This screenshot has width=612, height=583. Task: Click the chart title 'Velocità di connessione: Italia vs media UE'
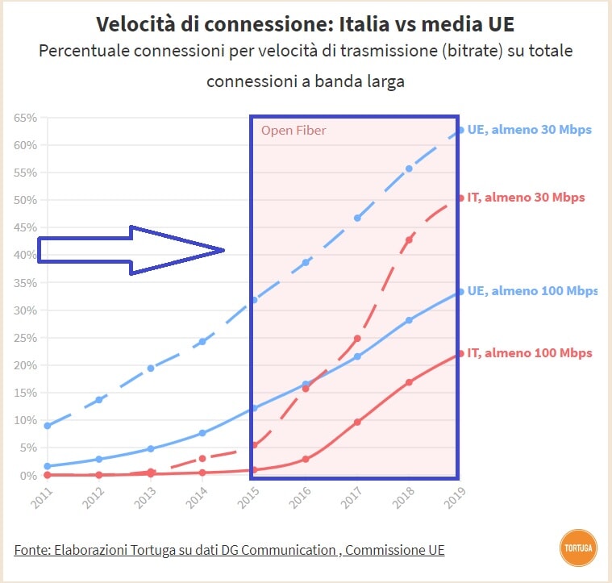306,23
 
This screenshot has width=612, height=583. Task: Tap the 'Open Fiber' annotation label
294,130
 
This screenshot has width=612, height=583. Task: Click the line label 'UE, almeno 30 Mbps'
529,129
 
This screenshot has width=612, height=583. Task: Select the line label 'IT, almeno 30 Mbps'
526,198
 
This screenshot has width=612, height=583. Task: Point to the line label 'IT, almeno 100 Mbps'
529,352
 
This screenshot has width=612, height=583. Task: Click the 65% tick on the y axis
26,118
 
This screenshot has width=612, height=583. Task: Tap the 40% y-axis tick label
26,255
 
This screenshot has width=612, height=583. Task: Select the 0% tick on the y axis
29,475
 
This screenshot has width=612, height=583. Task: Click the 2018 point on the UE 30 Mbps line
409,169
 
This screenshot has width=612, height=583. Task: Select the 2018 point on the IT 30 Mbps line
409,239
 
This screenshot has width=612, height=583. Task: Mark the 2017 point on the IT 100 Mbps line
357,422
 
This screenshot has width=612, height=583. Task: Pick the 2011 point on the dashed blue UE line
48,425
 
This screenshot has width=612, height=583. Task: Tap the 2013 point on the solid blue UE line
151,448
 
